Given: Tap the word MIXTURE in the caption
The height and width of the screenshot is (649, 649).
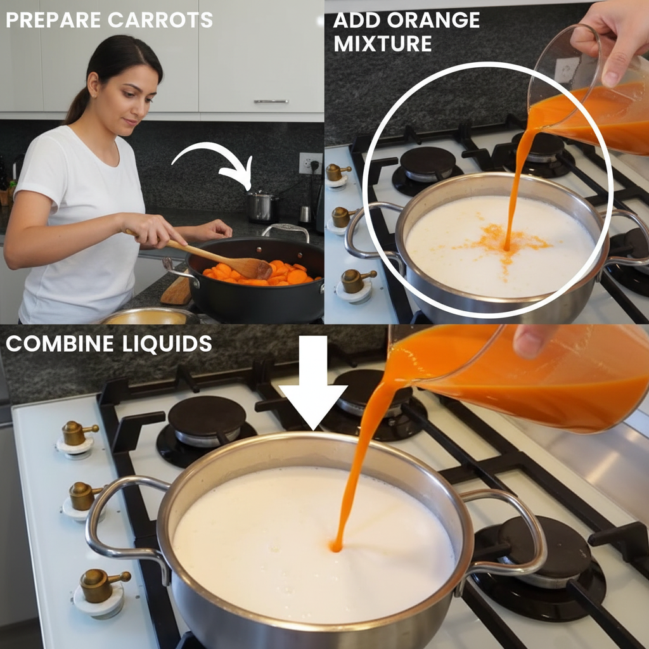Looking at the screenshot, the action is click(x=383, y=44).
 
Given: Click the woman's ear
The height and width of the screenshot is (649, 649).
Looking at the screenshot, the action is click(x=93, y=85).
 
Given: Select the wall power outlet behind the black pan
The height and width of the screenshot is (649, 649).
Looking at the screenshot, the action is click(x=311, y=163).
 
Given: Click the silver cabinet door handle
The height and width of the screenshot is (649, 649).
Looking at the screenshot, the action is click(x=271, y=101).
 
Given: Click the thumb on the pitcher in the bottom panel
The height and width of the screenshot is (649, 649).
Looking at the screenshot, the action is click(x=532, y=340).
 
